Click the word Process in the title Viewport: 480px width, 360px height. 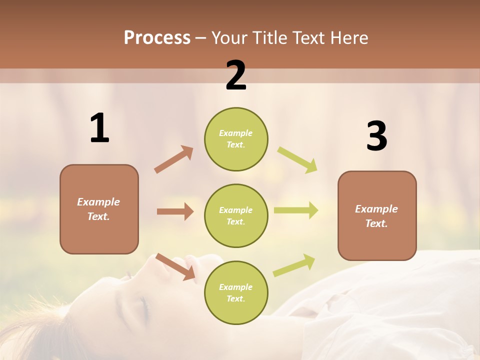(157, 37)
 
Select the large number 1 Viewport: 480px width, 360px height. (99, 128)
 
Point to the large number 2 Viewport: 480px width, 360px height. (236, 75)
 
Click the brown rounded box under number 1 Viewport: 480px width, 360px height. (99, 209)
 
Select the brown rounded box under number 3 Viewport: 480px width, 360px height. (377, 215)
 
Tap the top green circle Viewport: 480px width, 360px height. (236, 139)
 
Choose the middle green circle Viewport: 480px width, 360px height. (236, 215)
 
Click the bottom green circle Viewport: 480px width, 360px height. (236, 292)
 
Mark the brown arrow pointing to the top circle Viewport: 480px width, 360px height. (174, 159)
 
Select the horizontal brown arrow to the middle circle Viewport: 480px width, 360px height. (175, 211)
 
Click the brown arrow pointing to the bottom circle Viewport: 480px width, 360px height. (175, 265)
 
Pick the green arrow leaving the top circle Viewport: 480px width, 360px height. (297, 159)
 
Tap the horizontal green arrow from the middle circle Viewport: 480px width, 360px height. (296, 210)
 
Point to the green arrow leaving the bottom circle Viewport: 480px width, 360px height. (294, 265)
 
